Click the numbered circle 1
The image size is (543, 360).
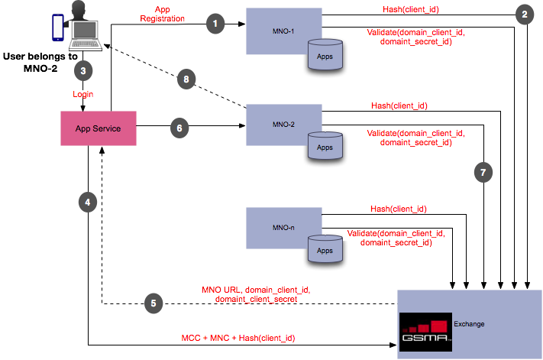[216, 24]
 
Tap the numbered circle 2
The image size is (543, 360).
[524, 14]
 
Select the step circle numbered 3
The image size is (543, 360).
[82, 71]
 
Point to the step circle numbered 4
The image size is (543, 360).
[88, 203]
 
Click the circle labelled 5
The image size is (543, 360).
[154, 303]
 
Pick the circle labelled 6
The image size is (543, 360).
[179, 128]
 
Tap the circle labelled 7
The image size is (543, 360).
[483, 173]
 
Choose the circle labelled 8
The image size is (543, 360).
[186, 78]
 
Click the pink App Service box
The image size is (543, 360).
[98, 128]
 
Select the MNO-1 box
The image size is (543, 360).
[276, 31]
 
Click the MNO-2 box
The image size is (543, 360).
[276, 124]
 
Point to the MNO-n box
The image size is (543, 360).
[276, 227]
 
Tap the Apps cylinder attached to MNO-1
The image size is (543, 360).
[325, 56]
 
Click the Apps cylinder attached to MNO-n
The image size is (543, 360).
[325, 249]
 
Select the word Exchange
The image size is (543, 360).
[469, 324]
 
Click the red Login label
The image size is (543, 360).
[83, 94]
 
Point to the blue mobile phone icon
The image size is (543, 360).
[57, 27]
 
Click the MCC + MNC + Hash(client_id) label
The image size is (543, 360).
[238, 338]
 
